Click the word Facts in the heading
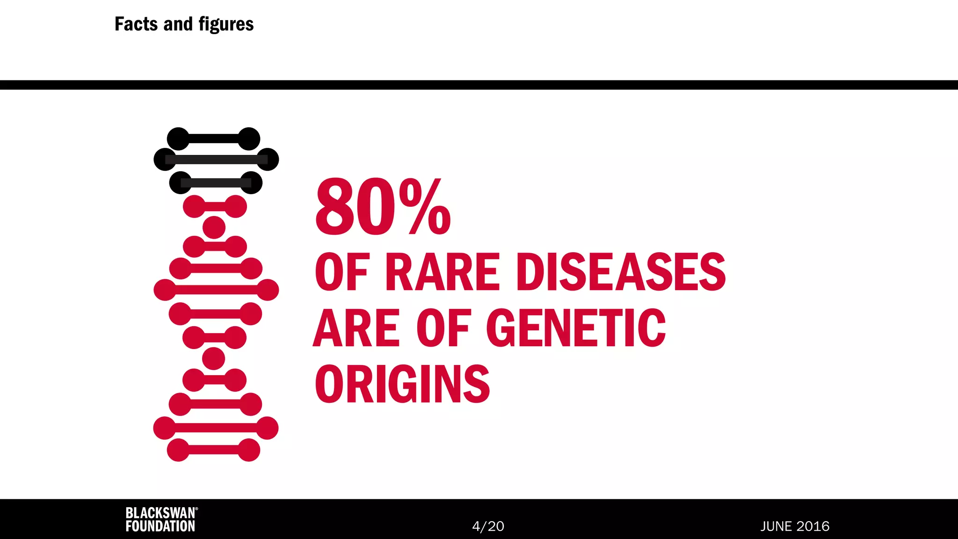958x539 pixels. pyautogui.click(x=136, y=24)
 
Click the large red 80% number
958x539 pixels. pyautogui.click(x=383, y=207)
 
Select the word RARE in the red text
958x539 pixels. pyautogui.click(x=443, y=272)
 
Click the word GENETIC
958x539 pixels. pyautogui.click(x=576, y=328)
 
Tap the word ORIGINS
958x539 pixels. pyautogui.click(x=402, y=384)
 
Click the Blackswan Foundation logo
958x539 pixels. pyautogui.click(x=161, y=519)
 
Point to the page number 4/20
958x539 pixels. pyautogui.click(x=488, y=526)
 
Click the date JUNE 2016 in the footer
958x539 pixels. pyautogui.click(x=795, y=526)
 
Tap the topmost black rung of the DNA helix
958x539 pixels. pyautogui.click(x=213, y=139)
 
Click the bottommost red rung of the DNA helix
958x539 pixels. pyautogui.click(x=213, y=450)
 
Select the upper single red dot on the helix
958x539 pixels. pyautogui.click(x=214, y=228)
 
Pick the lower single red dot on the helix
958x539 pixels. pyautogui.click(x=213, y=359)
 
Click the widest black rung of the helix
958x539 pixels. pyautogui.click(x=216, y=160)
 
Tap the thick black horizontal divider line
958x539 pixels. pyautogui.click(x=479, y=85)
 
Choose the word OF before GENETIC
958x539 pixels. pyautogui.click(x=443, y=328)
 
